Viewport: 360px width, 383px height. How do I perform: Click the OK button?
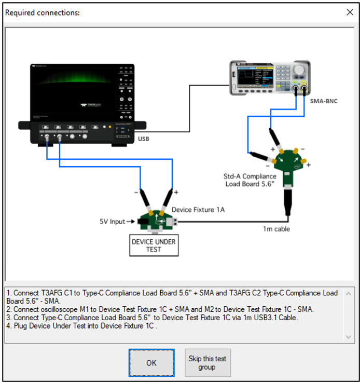[151, 363]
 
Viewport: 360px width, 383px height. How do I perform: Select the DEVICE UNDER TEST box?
[154, 245]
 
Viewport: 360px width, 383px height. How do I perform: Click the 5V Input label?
[112, 222]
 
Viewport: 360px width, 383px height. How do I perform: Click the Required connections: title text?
[43, 12]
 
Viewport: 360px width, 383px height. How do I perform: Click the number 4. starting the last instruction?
[10, 326]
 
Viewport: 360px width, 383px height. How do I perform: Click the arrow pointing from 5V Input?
[132, 222]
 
